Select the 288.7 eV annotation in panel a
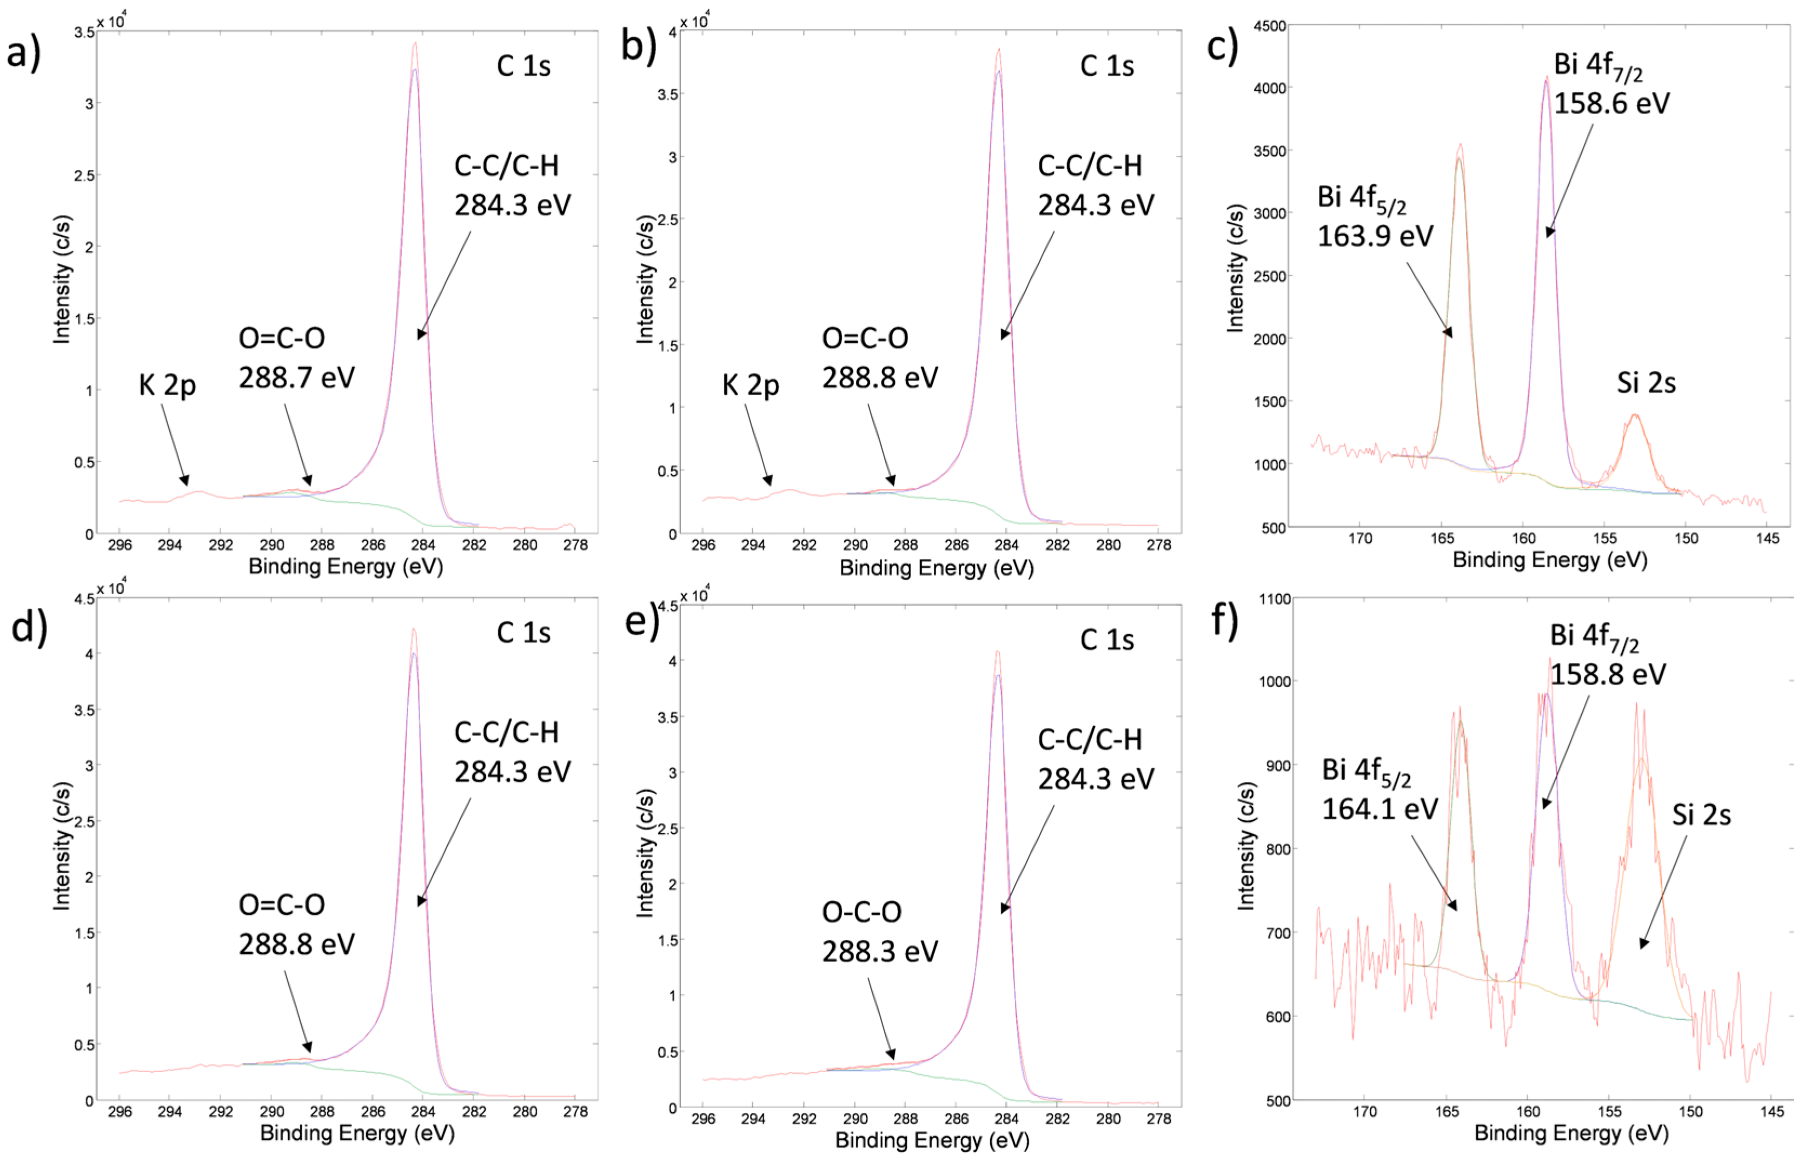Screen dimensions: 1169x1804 [x=296, y=377]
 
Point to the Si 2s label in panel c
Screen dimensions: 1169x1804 [x=1646, y=383]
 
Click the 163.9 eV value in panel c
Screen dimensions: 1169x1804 [x=1375, y=236]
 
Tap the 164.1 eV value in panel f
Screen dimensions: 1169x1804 [x=1379, y=809]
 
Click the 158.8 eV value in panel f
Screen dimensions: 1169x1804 [x=1608, y=674]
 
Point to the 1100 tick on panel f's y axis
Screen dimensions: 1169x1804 [x=1275, y=599]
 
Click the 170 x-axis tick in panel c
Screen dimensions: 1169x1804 [x=1361, y=539]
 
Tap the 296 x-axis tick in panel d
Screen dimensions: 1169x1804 [x=120, y=1112]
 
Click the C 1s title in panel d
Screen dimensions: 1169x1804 [x=523, y=632]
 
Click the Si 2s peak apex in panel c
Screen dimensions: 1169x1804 [x=1635, y=415]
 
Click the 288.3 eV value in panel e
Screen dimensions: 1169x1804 [x=880, y=952]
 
